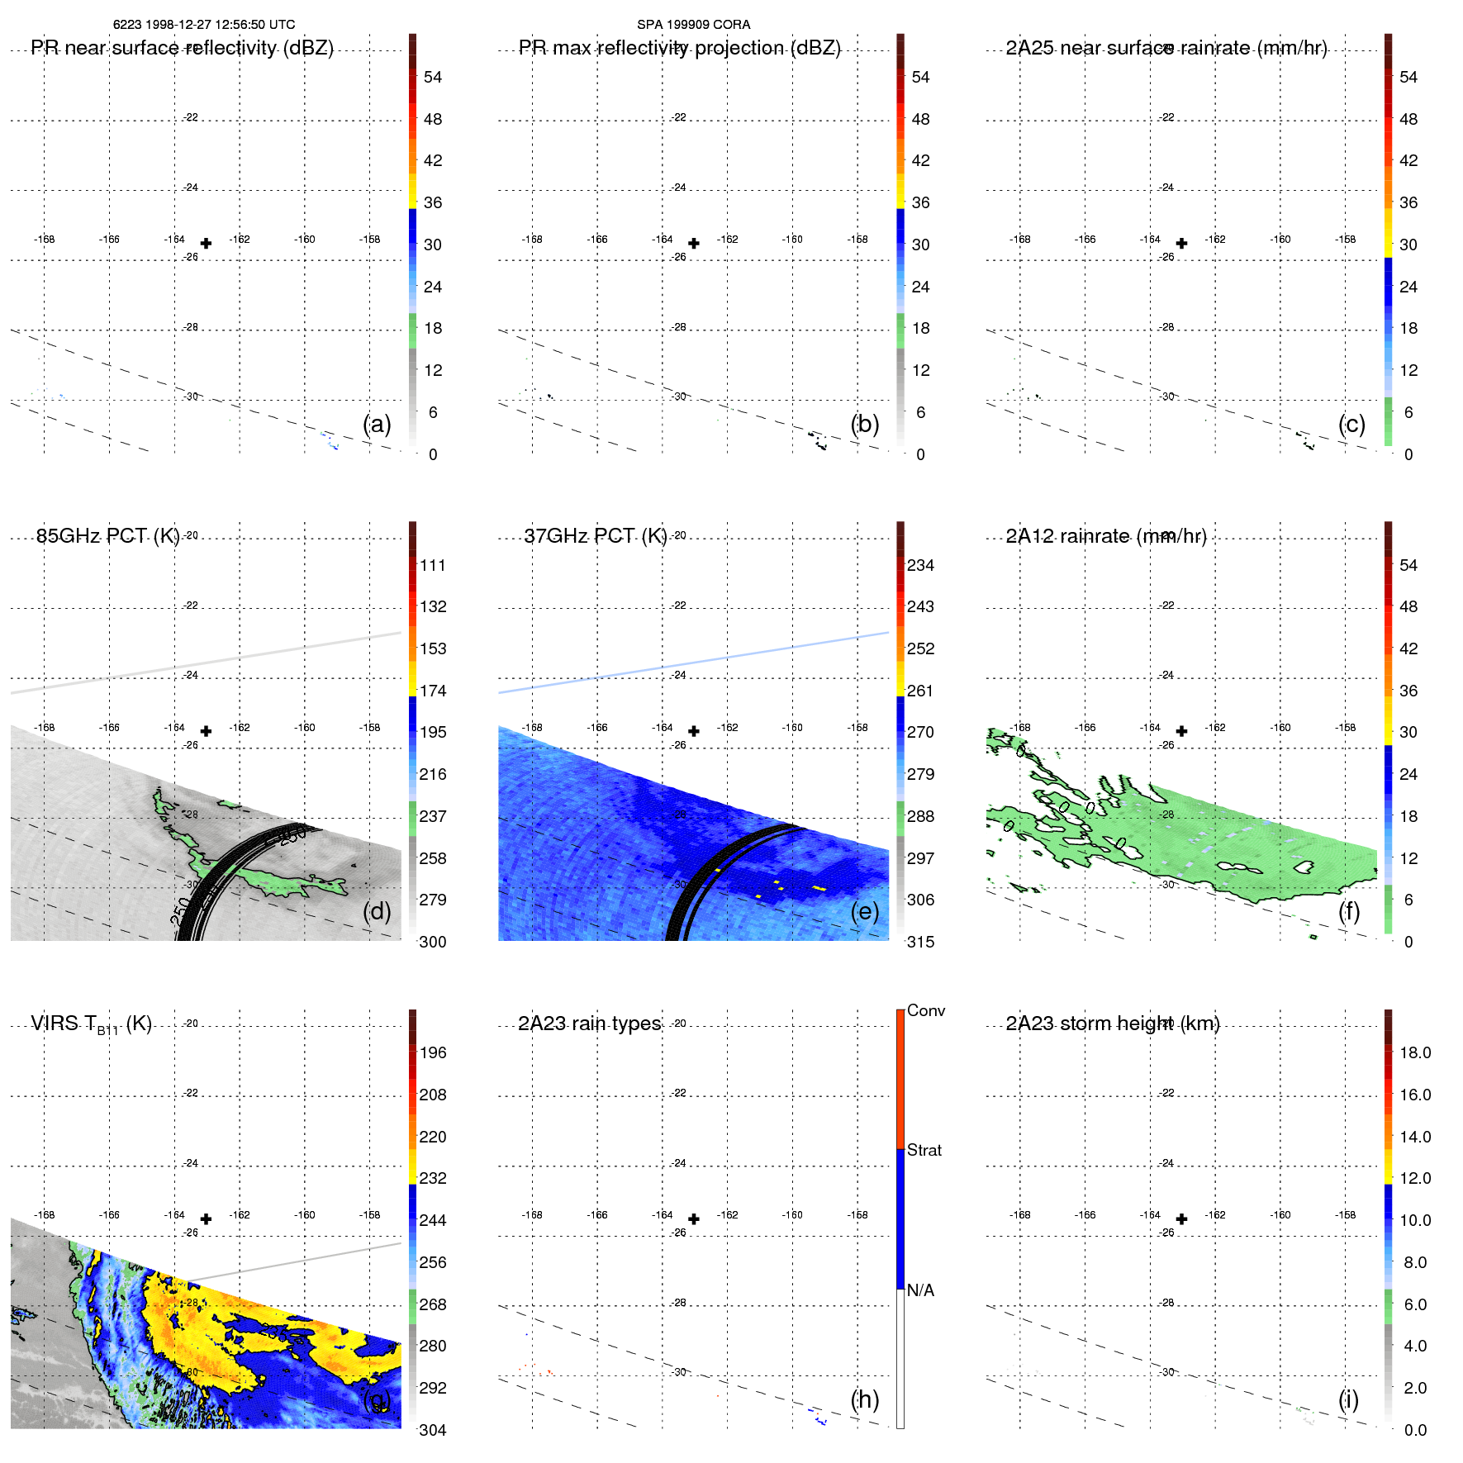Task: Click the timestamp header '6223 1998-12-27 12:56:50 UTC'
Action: [x=203, y=25]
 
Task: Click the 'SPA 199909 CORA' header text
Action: [x=693, y=25]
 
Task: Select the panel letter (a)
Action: [x=377, y=424]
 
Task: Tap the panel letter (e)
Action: [x=864, y=911]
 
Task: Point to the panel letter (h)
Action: [x=864, y=1399]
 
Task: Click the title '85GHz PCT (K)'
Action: [x=107, y=536]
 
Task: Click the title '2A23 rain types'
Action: [x=589, y=1024]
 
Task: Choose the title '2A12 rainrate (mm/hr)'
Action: [x=1106, y=536]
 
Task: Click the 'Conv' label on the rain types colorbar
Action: [x=925, y=1010]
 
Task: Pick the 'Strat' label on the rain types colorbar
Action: [x=924, y=1150]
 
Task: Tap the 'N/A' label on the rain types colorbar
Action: [x=920, y=1290]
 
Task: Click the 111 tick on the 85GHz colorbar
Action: [x=432, y=565]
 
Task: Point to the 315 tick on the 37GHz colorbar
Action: [x=920, y=942]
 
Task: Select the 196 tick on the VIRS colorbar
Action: [x=432, y=1052]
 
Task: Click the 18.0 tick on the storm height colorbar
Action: [x=1414, y=1052]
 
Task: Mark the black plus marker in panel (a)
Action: [x=206, y=243]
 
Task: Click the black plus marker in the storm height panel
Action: [x=1181, y=1218]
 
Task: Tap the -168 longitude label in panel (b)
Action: [x=532, y=240]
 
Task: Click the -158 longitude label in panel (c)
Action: [x=1345, y=240]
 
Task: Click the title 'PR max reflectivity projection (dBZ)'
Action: [x=679, y=48]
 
